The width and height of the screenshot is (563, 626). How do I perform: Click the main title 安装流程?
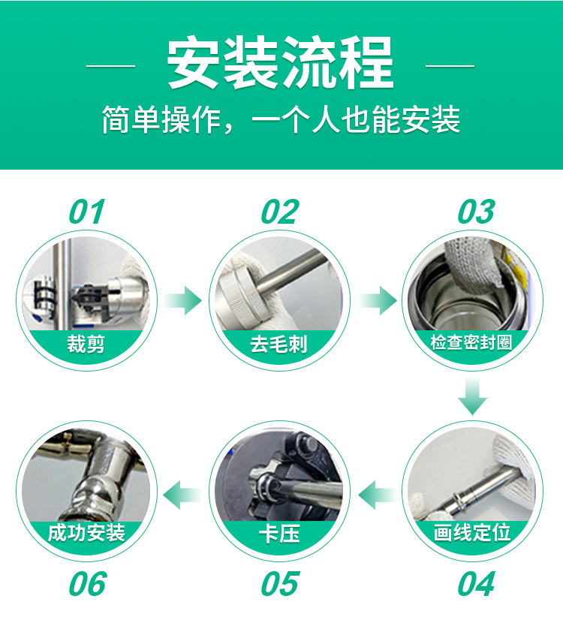280,62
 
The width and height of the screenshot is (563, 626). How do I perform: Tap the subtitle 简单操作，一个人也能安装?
281,119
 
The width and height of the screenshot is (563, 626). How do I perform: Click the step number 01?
86,212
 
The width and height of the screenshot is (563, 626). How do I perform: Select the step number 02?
279,212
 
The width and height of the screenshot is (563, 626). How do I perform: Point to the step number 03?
476,212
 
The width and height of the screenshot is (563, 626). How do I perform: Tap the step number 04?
476,584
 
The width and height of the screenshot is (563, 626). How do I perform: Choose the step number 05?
279,584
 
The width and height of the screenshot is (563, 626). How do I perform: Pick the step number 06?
87,584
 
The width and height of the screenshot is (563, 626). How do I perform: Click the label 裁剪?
86,344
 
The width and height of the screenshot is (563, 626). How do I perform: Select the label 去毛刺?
278,344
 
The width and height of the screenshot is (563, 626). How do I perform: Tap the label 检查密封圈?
471,342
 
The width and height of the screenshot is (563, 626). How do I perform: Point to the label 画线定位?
472,533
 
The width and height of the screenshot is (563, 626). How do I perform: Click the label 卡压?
279,534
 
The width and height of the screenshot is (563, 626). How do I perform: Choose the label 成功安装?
86,533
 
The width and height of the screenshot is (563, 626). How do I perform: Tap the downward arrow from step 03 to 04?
472,396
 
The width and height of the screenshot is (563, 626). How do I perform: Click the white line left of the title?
110,65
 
